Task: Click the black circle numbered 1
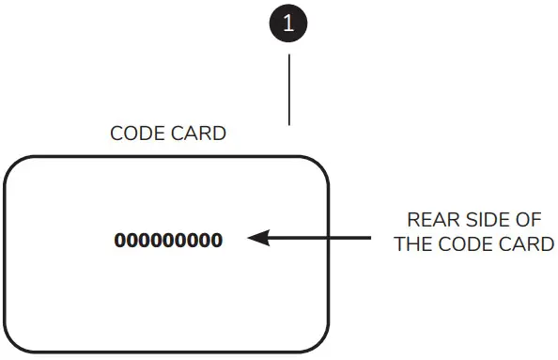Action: tap(288, 24)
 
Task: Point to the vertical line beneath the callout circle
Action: tap(288, 89)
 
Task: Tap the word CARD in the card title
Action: tap(200, 133)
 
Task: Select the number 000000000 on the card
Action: tap(168, 240)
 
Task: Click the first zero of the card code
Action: tap(120, 240)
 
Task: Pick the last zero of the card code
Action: tap(217, 240)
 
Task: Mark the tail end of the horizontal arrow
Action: tap(369, 239)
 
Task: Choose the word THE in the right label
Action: tap(412, 244)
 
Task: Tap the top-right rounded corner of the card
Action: tap(319, 166)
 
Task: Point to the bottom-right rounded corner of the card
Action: tap(319, 344)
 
